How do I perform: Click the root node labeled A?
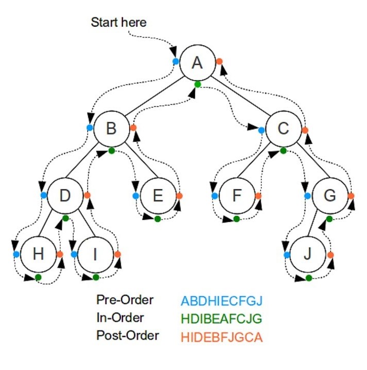(x=197, y=62)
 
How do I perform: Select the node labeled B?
(x=111, y=128)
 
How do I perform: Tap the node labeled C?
(x=283, y=128)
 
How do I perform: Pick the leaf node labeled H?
(x=38, y=254)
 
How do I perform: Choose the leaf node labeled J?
(x=308, y=254)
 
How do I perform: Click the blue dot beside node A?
(x=176, y=61)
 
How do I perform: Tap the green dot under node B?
(x=112, y=151)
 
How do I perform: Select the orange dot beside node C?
(x=305, y=130)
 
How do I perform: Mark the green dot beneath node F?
(x=236, y=219)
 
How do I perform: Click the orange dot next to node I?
(x=118, y=254)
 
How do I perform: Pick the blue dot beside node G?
(x=307, y=196)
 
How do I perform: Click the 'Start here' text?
(x=118, y=23)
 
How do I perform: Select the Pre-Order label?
(x=125, y=300)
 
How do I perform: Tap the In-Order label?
(x=120, y=318)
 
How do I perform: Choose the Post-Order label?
(x=127, y=336)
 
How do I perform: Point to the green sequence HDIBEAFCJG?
(x=222, y=319)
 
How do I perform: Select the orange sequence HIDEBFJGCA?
(x=222, y=337)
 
